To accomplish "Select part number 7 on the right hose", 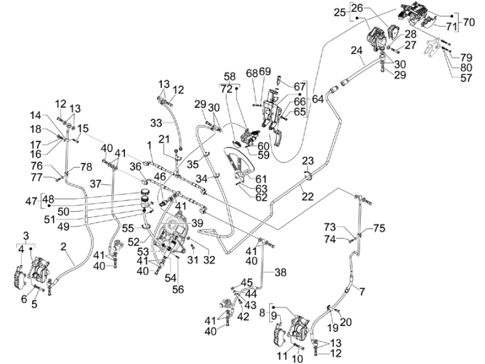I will pos(363,292).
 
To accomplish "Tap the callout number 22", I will pos(308,197).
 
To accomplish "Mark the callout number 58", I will pos(230,76).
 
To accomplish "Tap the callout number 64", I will pos(317,99).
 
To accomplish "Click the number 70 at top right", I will pos(469,22).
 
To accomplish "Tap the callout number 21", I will pos(164,140).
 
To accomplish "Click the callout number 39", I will pos(197,223).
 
